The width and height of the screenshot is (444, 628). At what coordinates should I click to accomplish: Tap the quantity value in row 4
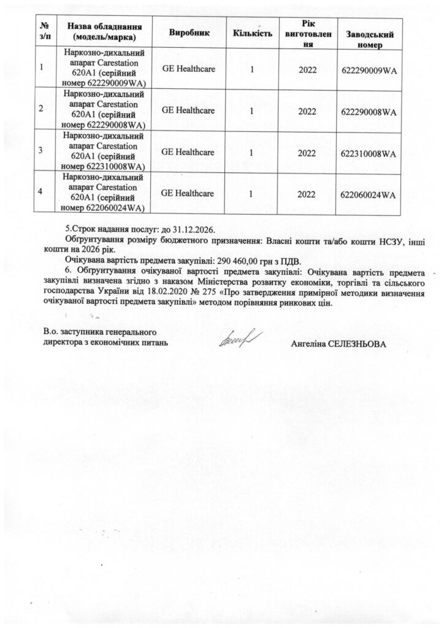(x=252, y=194)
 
